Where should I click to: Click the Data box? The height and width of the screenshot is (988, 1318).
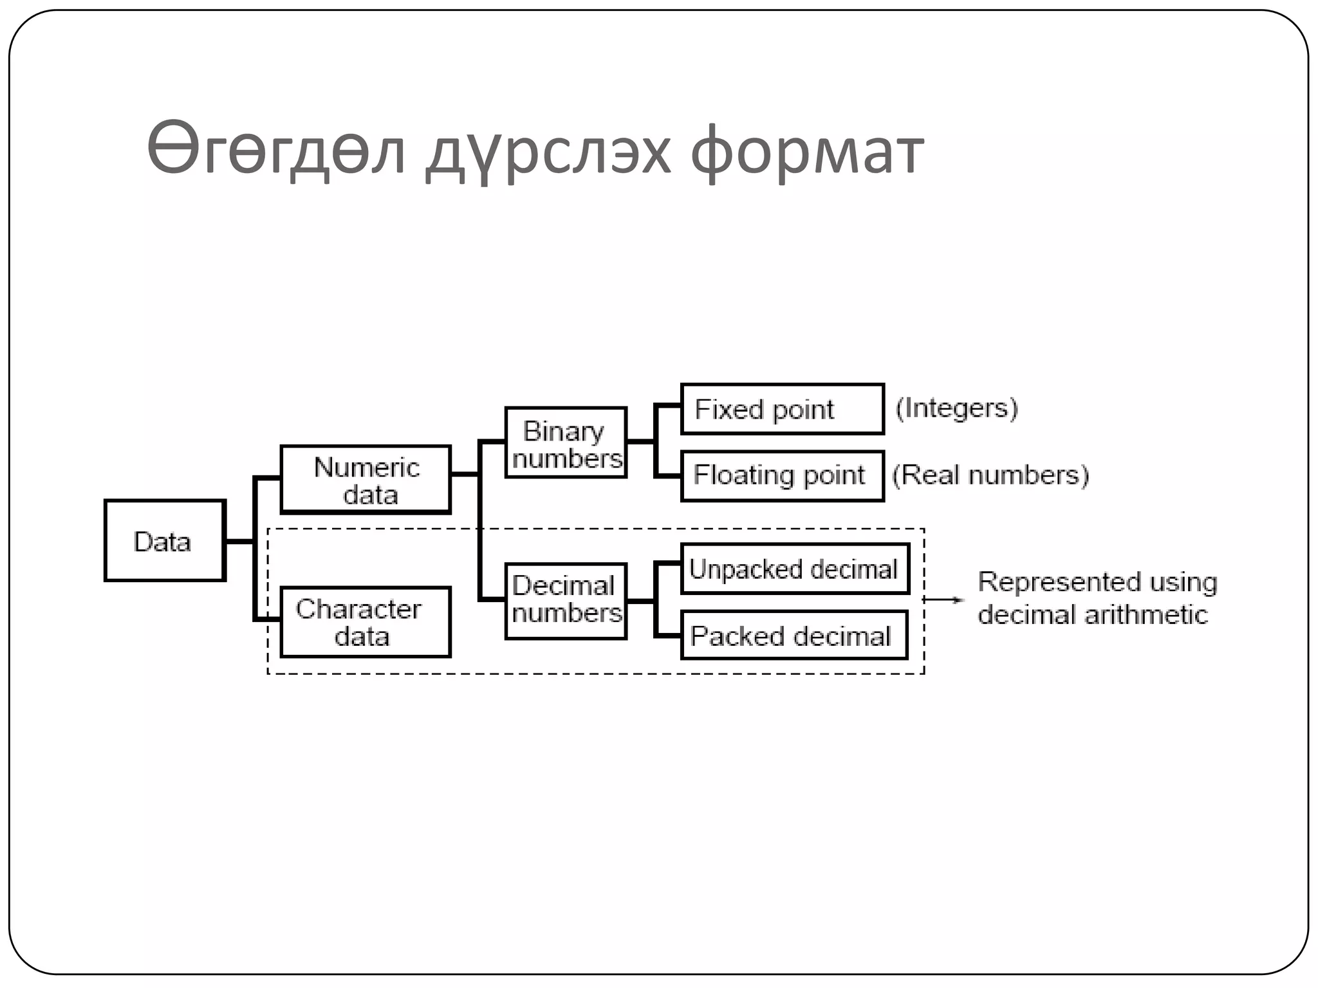165,540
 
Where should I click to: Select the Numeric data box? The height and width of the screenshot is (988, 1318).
366,479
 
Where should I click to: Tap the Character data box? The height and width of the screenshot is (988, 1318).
366,621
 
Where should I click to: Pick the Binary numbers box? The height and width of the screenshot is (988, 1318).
566,443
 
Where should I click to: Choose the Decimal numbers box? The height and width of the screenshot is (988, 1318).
566,601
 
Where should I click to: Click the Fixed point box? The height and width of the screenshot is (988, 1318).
783,409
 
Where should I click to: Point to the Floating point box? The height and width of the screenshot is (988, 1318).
783,476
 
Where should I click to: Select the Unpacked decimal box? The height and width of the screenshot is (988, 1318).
795,569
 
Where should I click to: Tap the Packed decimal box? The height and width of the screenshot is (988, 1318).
794,636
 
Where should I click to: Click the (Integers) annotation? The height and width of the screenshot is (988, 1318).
957,408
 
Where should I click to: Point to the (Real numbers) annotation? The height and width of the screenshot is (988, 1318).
990,475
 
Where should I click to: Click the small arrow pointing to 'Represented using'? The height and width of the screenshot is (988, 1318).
944,599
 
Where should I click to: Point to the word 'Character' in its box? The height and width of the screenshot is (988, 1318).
358,608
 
